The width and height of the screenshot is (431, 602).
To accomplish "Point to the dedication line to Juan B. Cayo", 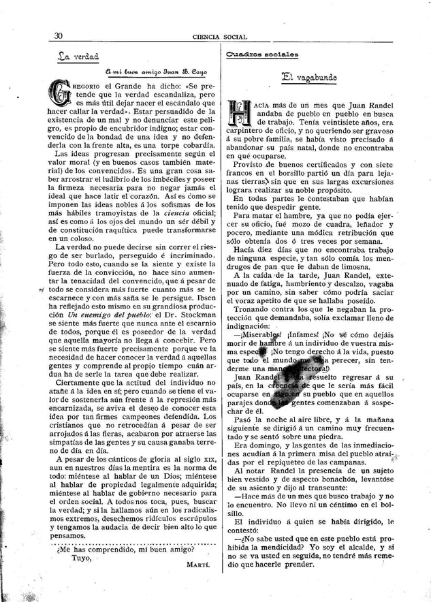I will pos(156,72).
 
